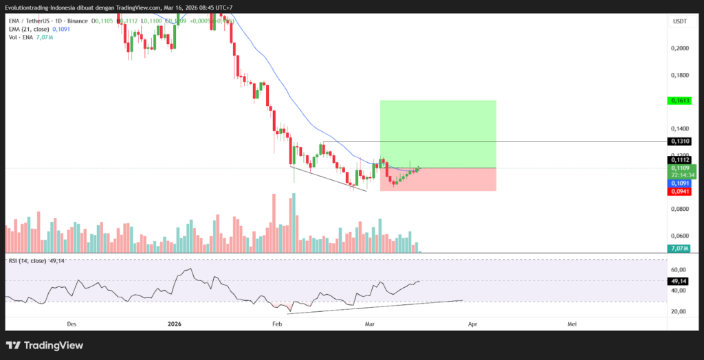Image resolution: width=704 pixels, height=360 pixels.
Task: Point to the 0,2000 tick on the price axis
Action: click(679, 48)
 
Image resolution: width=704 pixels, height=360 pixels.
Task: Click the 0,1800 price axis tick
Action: click(679, 75)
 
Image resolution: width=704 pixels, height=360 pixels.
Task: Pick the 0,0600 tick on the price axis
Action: click(679, 236)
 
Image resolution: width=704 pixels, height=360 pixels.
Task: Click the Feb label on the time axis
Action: click(277, 323)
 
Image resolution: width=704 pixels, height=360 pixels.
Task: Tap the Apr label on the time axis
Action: click(472, 323)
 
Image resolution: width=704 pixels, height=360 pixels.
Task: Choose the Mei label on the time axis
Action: click(571, 323)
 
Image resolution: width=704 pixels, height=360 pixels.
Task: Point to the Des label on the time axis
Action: click(71, 323)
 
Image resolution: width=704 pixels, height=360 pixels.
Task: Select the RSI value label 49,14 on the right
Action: click(679, 281)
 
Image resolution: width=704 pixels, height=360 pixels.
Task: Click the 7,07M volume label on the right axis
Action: click(679, 248)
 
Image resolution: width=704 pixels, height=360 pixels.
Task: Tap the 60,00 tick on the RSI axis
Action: click(679, 270)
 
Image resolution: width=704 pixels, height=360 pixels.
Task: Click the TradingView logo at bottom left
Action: click(44, 345)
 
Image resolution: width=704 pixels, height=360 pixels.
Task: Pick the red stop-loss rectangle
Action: click(437, 179)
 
